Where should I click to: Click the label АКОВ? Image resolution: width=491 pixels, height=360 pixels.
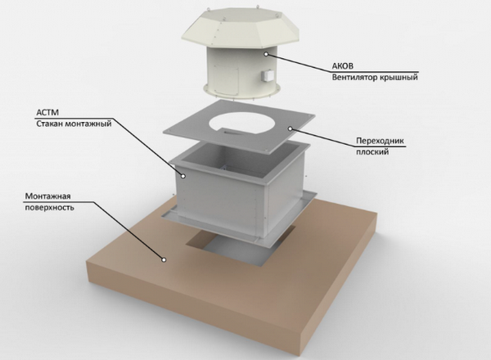343,66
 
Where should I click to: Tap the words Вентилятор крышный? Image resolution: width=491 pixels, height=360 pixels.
375,77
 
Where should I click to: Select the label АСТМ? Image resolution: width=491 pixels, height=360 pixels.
47,112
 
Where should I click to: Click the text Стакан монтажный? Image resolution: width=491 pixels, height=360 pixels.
74,124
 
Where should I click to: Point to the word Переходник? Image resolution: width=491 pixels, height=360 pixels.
381,141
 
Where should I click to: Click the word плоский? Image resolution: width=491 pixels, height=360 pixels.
372,152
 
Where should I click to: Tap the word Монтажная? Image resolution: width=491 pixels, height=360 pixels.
48,196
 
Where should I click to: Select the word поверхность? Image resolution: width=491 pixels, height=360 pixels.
49,207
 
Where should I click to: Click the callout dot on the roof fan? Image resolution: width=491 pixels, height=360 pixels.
266,54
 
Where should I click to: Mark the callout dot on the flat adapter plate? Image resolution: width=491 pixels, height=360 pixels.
290,128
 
